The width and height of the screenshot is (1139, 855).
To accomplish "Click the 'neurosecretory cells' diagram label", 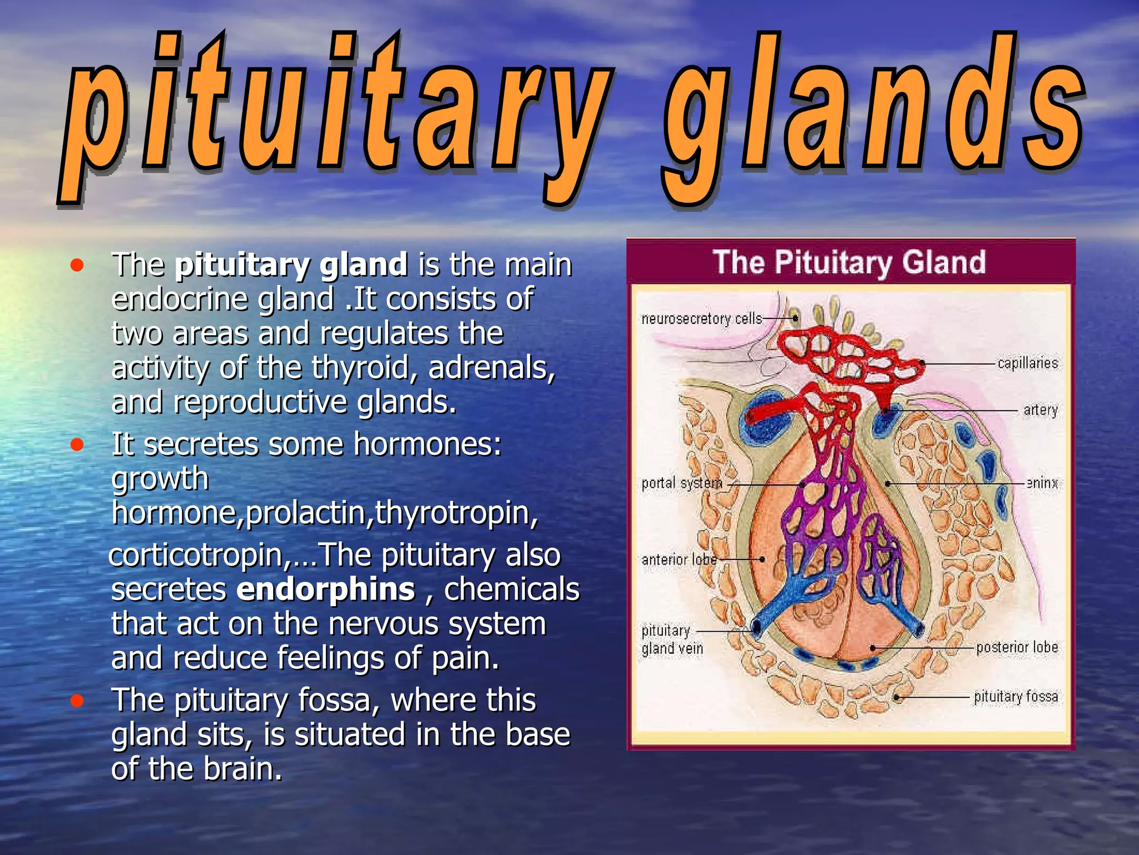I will (x=701, y=318).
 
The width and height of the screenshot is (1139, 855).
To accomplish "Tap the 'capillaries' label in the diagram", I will (x=1027, y=363).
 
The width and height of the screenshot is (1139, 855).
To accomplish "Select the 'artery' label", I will (x=1040, y=410).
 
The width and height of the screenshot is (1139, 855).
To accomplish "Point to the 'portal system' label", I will (x=682, y=483).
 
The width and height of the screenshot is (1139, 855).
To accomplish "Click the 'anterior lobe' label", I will (x=679, y=559).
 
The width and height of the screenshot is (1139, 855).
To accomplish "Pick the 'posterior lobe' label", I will (x=1017, y=647).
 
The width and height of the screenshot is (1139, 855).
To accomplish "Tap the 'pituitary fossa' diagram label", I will (x=1016, y=696).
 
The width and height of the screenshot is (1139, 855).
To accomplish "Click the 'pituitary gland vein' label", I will (x=672, y=640).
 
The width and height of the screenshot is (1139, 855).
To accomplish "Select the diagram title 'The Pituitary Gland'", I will (x=849, y=262).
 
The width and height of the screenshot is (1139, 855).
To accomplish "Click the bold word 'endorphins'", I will (x=325, y=589).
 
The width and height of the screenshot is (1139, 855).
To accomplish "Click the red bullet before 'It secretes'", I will (x=77, y=445).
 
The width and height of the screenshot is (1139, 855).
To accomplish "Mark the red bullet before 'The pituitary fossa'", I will (x=77, y=700).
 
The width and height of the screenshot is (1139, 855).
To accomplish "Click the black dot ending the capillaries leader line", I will (x=922, y=363).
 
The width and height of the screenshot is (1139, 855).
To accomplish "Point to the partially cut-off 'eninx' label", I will (x=1042, y=483).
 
